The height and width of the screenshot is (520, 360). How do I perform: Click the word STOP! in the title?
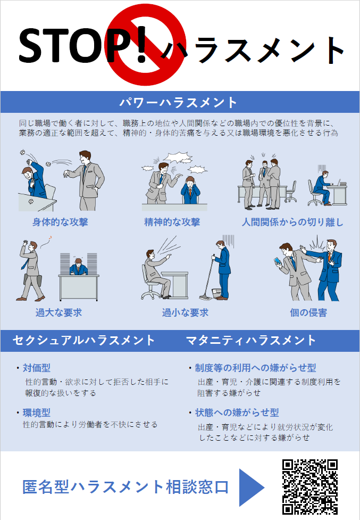[x=83, y=45]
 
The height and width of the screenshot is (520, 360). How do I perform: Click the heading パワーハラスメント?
[x=178, y=102]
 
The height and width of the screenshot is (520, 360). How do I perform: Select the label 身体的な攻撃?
[x=60, y=222]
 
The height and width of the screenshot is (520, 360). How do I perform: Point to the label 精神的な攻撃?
[x=172, y=222]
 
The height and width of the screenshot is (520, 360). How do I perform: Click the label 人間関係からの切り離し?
[x=292, y=222]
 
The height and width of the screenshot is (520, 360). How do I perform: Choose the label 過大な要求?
[x=58, y=312]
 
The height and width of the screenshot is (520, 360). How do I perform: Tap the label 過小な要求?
[x=185, y=312]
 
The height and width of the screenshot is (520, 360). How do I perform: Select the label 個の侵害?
[x=308, y=312]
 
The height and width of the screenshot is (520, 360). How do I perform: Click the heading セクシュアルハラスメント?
[x=83, y=340]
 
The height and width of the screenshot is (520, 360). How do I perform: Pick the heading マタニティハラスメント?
[x=250, y=340]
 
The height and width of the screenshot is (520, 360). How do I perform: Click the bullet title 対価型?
[x=37, y=368]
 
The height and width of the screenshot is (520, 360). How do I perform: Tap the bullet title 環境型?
[x=37, y=412]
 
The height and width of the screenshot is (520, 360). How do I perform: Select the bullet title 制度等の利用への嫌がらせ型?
[x=255, y=368]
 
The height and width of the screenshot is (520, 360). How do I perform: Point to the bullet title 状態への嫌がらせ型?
[x=237, y=412]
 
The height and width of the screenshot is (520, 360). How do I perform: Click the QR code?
[x=309, y=487]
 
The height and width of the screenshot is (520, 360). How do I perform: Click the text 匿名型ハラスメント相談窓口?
[x=125, y=487]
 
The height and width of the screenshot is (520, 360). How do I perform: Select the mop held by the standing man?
[x=208, y=278]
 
